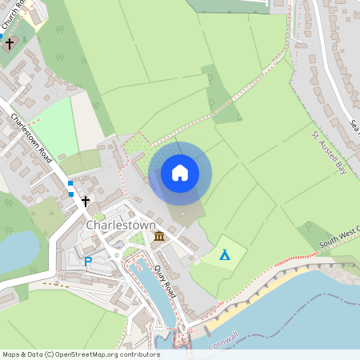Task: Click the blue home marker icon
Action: tap(180, 173)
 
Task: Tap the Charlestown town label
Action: tap(118, 225)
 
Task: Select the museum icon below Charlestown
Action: tap(159, 237)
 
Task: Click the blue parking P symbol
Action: tap(88, 261)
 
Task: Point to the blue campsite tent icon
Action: tap(225, 255)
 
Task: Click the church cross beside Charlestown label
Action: tap(86, 201)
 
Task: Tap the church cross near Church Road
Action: tap(10, 43)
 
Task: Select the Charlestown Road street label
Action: tap(32, 138)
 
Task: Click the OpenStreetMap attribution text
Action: tap(80, 354)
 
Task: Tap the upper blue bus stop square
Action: tap(70, 183)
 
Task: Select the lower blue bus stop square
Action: tap(70, 194)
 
